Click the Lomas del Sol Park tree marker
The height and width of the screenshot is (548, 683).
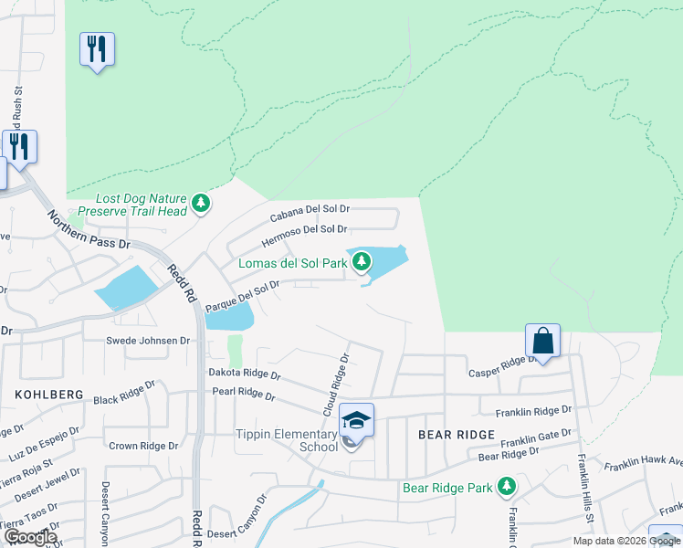pos(363,262)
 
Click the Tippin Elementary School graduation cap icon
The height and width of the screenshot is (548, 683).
pos(356,420)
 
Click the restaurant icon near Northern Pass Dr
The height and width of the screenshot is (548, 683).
pos(19,145)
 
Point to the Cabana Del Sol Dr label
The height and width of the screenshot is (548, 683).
pos(310,212)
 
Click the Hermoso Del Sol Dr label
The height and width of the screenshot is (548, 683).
pos(304,235)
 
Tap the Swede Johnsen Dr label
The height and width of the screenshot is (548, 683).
pos(147,341)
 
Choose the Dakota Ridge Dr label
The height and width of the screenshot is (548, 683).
pos(244,374)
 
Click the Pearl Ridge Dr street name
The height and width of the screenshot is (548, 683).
pos(243,393)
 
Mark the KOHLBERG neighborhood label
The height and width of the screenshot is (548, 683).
pos(49,395)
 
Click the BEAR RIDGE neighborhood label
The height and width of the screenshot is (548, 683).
pos(456,435)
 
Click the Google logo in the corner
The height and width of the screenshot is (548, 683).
pos(30,537)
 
